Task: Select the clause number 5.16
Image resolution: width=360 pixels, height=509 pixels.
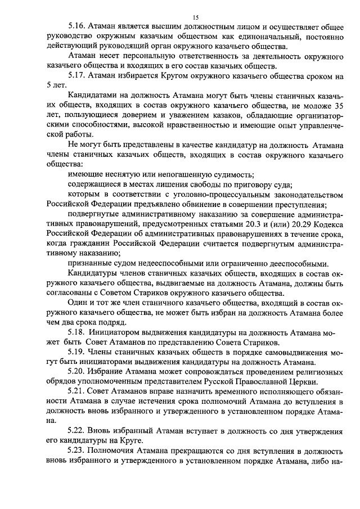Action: pos(76,26)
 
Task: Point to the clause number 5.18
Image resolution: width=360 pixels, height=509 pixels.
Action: pos(76,334)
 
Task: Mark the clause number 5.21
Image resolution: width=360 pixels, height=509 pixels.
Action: pos(76,391)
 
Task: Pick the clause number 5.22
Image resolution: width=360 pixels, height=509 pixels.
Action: pos(76,430)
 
